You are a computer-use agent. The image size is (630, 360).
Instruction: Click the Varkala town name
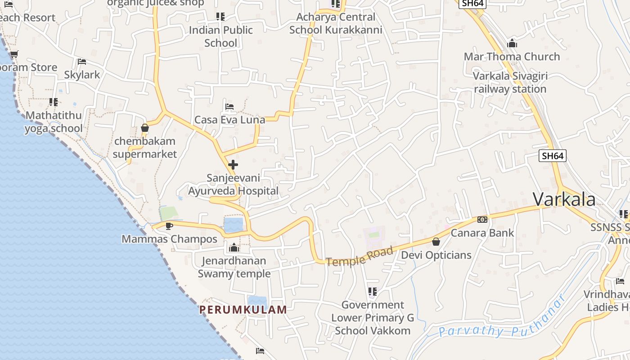pyautogui.click(x=564, y=199)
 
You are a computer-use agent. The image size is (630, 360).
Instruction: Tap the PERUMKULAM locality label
pyautogui.click(x=243, y=310)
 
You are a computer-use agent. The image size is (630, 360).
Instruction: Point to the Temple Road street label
pyautogui.click(x=360, y=256)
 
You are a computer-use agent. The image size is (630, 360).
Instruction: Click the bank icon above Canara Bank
pyautogui.click(x=482, y=220)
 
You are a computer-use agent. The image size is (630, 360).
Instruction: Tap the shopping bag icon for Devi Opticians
pyautogui.click(x=436, y=242)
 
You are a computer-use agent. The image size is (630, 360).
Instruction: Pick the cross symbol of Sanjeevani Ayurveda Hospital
pyautogui.click(x=233, y=164)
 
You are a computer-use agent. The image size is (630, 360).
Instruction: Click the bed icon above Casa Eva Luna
pyautogui.click(x=229, y=107)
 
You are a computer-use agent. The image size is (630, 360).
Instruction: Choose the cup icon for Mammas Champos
pyautogui.click(x=169, y=225)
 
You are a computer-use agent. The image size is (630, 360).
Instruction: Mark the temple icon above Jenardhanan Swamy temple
pyautogui.click(x=234, y=247)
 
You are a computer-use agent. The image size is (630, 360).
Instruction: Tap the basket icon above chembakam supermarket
pyautogui.click(x=144, y=128)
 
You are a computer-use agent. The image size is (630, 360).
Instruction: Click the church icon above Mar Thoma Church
pyautogui.click(x=512, y=44)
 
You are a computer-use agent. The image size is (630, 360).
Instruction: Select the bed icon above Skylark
pyautogui.click(x=81, y=61)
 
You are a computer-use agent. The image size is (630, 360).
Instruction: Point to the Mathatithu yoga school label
pyautogui.click(x=54, y=122)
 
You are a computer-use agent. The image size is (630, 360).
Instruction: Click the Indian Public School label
pyautogui.click(x=220, y=36)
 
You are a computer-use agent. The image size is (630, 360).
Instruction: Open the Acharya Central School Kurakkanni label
pyautogui.click(x=336, y=23)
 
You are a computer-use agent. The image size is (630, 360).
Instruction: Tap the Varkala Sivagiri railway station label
pyautogui.click(x=510, y=82)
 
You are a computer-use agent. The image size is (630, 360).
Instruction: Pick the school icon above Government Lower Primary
pyautogui.click(x=372, y=292)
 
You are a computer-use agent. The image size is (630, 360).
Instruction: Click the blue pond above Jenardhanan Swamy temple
pyautogui.click(x=233, y=225)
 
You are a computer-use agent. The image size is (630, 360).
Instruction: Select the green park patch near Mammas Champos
pyautogui.click(x=169, y=213)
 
